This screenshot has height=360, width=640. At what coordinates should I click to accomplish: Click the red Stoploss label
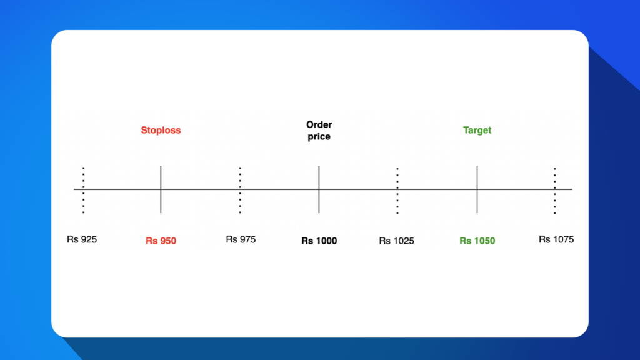point(161,130)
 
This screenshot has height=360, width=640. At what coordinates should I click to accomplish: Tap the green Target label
point(477,130)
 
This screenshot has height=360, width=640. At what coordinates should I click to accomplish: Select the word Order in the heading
point(319,125)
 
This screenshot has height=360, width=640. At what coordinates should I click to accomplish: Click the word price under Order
point(319,136)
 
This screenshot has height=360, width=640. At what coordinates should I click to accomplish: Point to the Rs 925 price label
point(82,239)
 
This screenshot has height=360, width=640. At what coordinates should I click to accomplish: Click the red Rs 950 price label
point(161,241)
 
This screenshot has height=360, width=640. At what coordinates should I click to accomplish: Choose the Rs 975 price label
point(241,239)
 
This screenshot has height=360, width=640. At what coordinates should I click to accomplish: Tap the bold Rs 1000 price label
point(319,241)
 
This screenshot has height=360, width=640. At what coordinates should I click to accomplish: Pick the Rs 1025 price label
point(396,241)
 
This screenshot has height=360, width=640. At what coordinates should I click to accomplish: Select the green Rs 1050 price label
point(477,241)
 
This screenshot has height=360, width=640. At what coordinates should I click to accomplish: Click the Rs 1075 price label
point(556,239)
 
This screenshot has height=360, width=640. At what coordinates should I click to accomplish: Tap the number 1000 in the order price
point(326,241)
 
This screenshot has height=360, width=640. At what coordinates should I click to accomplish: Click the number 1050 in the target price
point(484,241)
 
